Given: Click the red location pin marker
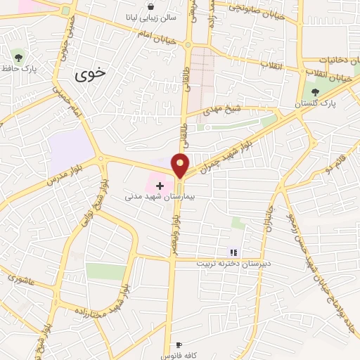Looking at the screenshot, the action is click(181, 165).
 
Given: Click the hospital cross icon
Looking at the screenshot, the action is click(160, 186).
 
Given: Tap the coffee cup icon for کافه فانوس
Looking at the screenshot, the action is click(179, 345).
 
